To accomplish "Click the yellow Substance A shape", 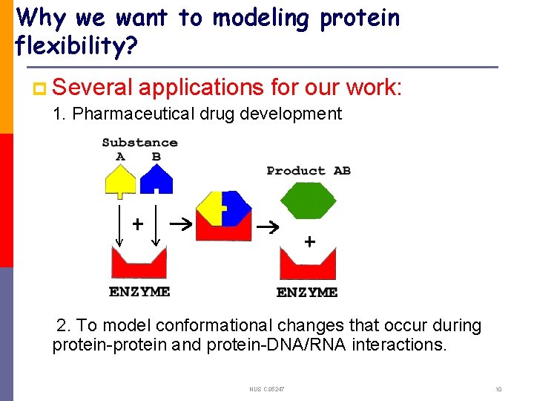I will pyautogui.click(x=121, y=181).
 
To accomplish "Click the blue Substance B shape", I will pyautogui.click(x=156, y=180).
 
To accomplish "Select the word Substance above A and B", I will pyautogui.click(x=139, y=143).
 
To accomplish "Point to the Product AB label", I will pyautogui.click(x=309, y=171).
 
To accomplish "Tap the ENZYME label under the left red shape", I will pyautogui.click(x=139, y=292).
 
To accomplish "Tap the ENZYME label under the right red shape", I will pyautogui.click(x=307, y=293).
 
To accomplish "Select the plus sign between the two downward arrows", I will pyautogui.click(x=137, y=223).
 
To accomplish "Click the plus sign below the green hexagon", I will pyautogui.click(x=309, y=241).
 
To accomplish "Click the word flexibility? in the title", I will pyautogui.click(x=75, y=47).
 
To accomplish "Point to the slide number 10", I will pyautogui.click(x=498, y=389).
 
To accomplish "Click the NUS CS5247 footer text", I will pyautogui.click(x=267, y=389).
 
